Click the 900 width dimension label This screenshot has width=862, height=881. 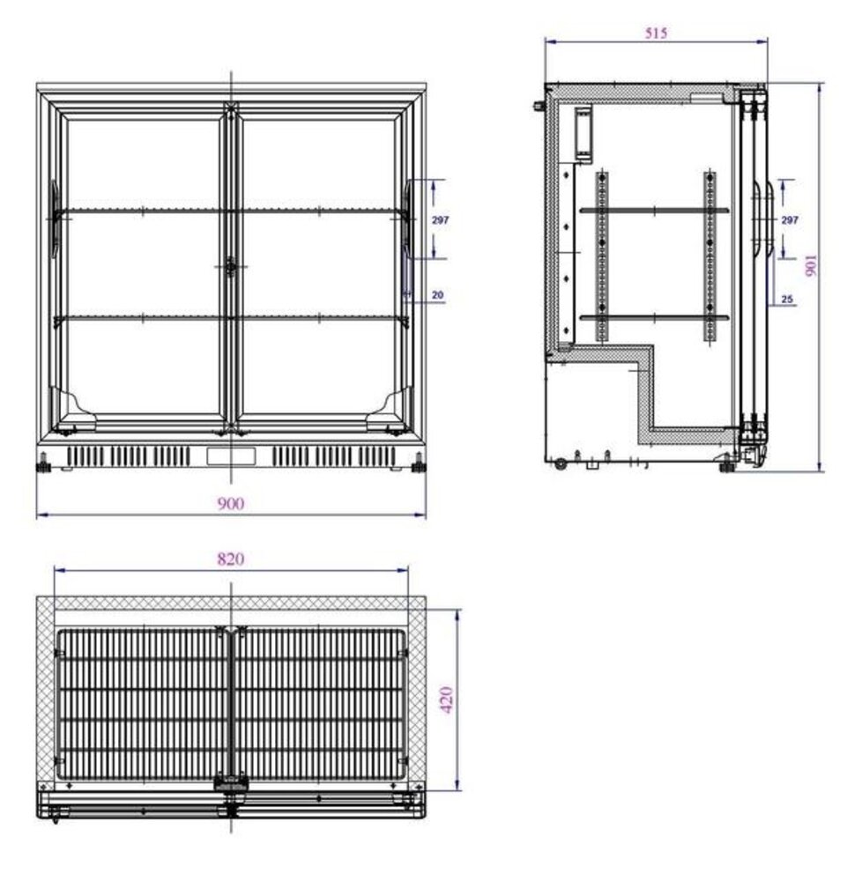231,503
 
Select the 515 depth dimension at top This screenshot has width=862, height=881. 657,33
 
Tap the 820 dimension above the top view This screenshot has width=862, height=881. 231,558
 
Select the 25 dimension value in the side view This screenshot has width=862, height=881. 787,300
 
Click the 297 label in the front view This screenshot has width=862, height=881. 440,219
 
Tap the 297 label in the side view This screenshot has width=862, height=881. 790,219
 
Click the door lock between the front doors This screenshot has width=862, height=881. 231,267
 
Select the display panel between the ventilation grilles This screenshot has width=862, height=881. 231,456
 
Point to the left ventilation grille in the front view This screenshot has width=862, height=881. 129,456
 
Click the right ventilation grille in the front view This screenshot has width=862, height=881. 333,456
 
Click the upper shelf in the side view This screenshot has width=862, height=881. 654,210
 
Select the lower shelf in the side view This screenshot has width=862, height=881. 654,316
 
